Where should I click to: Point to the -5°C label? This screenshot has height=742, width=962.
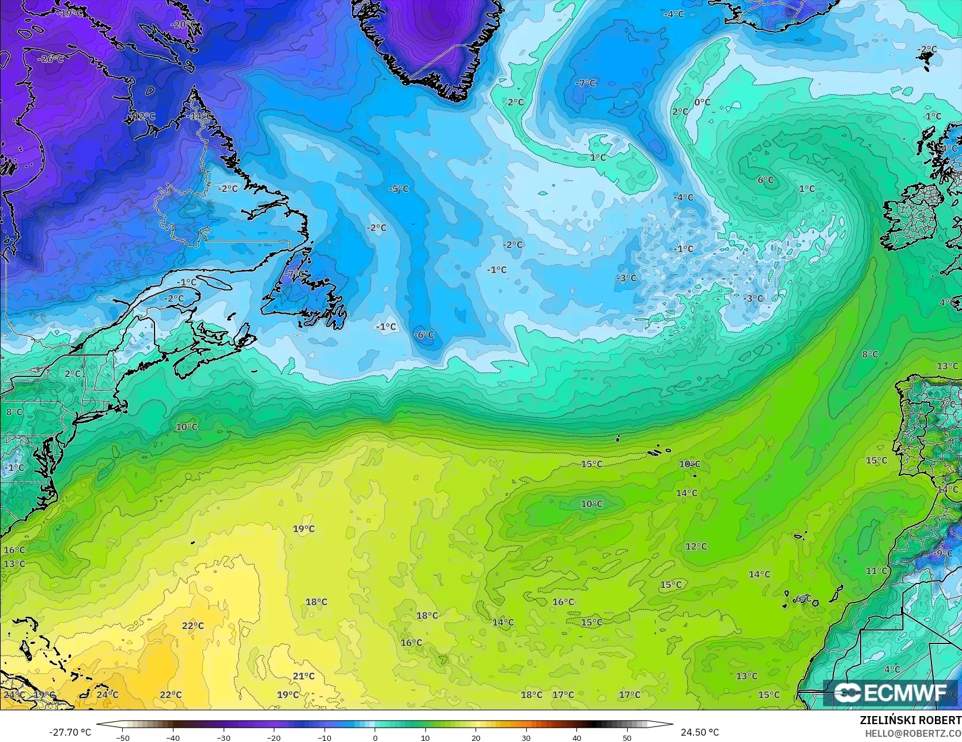coord(398,189)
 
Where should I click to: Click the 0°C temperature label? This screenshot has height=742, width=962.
coord(702,102)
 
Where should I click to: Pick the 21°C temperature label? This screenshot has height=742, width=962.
coord(303,676)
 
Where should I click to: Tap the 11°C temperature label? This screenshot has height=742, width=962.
coord(876,571)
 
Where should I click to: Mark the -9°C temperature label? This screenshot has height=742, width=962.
coord(944,553)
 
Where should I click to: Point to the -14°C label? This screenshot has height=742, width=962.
coord(199,116)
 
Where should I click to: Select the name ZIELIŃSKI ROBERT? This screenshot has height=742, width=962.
coord(910,720)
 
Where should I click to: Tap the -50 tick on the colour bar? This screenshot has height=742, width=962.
coord(122,737)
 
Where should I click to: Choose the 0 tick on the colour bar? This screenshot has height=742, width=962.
coord(375,737)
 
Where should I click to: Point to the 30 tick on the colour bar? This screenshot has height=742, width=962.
coord(526,737)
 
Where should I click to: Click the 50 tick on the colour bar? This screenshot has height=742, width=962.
coord(627,737)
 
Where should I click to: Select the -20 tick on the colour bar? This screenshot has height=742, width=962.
coord(274,737)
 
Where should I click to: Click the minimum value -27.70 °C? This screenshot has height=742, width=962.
coord(70,732)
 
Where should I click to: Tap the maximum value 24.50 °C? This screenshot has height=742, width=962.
coord(700,732)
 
